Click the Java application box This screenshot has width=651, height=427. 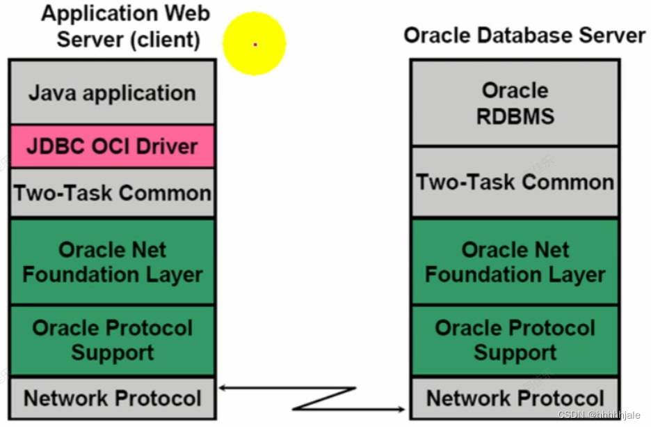[x=112, y=93]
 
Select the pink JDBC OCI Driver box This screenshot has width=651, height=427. [x=112, y=146]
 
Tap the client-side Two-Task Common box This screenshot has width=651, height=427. [x=112, y=192]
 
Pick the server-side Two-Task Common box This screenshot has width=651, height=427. [x=515, y=183]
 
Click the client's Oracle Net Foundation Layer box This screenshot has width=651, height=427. [x=112, y=262]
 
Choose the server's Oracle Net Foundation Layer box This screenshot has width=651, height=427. [x=515, y=262]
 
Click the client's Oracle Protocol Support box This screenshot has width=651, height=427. [x=112, y=340]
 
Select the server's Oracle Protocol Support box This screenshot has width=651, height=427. [x=515, y=340]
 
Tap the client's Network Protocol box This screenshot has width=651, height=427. [x=112, y=398]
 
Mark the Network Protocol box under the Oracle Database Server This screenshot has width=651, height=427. [x=515, y=398]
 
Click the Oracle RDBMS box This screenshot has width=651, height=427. [x=515, y=103]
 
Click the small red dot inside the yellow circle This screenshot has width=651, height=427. [x=255, y=44]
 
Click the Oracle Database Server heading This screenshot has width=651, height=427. [x=524, y=35]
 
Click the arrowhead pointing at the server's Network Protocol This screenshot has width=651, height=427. [x=403, y=409]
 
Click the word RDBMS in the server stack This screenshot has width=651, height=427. [x=515, y=116]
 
